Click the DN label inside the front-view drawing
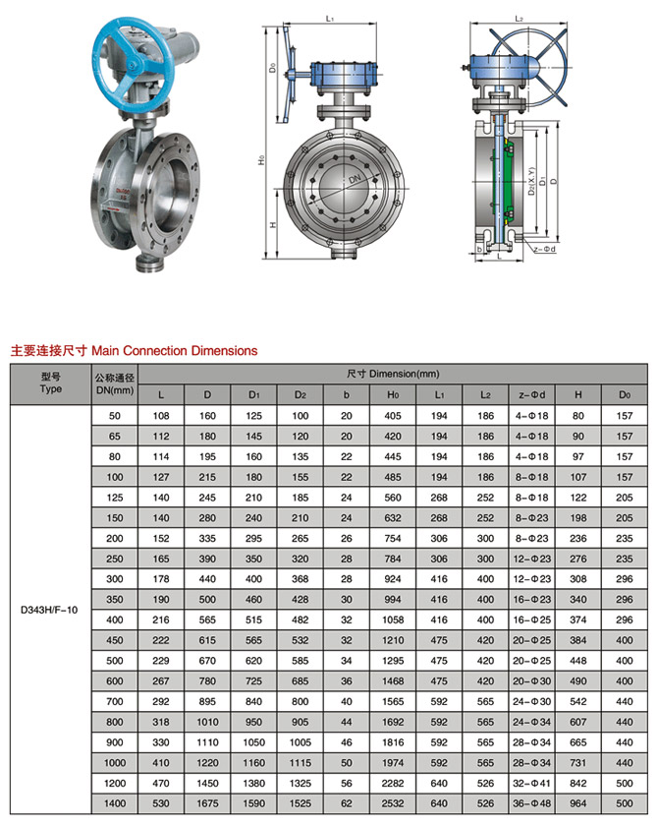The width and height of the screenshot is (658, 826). pos(353,180)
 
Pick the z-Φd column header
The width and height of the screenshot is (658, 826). pos(536,395)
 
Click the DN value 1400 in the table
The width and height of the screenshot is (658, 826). pos(114,803)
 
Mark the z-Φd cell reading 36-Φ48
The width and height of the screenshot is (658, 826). pos(536,803)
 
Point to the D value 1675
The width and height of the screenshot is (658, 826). pos(206,803)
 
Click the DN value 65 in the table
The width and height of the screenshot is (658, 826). pos(114,436)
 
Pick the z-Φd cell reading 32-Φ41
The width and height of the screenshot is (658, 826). pos(536,784)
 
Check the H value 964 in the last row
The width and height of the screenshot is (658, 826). pos(577,803)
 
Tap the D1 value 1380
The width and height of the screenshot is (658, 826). pos(253,784)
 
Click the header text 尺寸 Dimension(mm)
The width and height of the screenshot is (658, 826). pos(392,375)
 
